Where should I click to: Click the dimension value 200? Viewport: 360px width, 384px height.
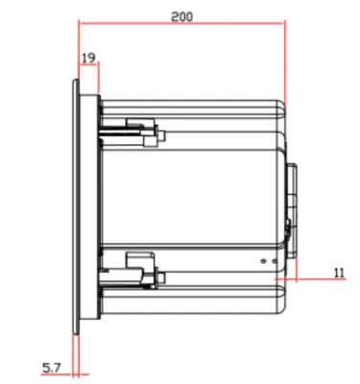click(181, 16)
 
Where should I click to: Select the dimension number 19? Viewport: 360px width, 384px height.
click(88, 58)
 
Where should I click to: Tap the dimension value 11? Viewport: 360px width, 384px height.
click(339, 273)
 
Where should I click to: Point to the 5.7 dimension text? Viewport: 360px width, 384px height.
click(51, 368)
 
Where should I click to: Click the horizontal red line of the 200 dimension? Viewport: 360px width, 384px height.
click(182, 23)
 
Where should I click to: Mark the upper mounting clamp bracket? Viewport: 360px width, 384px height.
click(142, 132)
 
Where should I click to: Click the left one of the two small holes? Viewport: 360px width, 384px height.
click(263, 261)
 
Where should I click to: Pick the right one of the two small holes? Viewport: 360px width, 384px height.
click(275, 261)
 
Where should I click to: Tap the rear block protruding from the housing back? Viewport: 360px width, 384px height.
click(292, 210)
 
